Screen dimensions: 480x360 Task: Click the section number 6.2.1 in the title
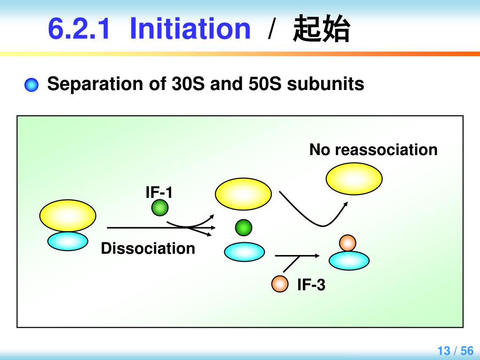point(79,29)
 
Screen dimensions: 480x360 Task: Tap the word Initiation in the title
point(190,29)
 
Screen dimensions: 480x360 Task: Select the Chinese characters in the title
point(321,29)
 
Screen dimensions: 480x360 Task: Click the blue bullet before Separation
point(31,85)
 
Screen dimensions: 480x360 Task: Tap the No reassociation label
point(373,150)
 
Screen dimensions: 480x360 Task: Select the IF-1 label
point(159,192)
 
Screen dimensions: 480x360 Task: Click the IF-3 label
point(311,285)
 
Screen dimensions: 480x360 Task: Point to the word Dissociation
point(148,248)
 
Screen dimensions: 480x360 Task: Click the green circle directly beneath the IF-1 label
point(159,208)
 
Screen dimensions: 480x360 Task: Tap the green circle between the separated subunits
point(243,228)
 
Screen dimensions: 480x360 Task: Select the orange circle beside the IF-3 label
point(280,284)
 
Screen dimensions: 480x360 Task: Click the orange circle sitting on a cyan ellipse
point(348,242)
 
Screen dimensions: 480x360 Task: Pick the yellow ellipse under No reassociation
point(354,179)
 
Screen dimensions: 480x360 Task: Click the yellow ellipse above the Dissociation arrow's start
point(67,215)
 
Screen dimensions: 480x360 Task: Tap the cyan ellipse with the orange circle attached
point(349,261)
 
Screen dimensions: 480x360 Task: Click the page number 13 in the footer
point(443,351)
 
